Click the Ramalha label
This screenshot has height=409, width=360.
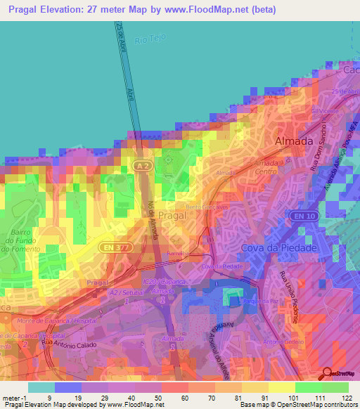pyautogui.click(x=176, y=252)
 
